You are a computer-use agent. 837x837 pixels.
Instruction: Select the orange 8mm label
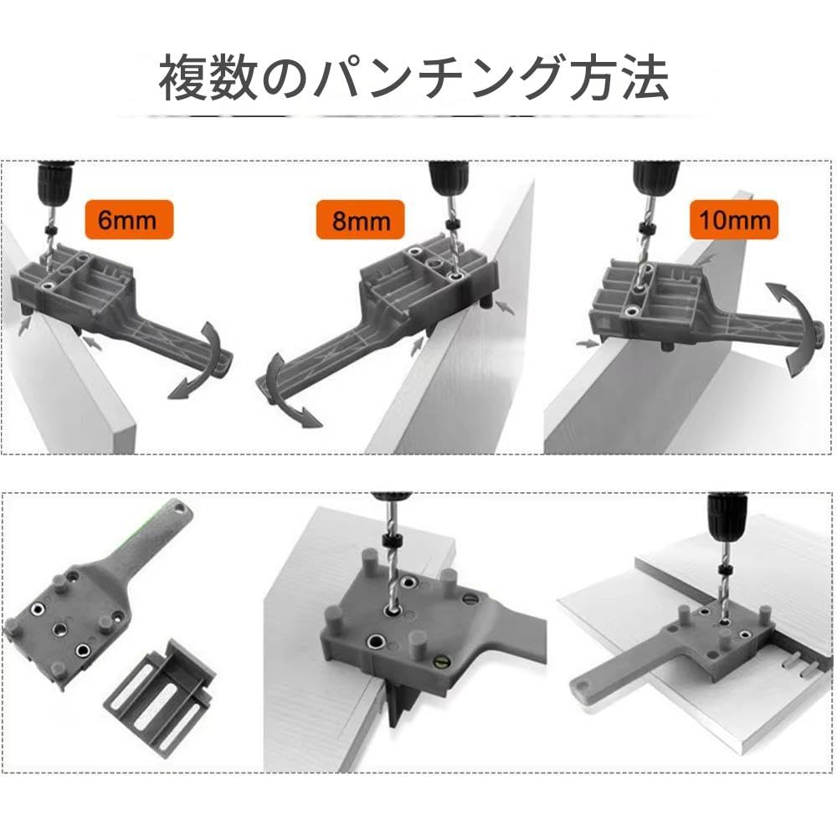(x=360, y=222)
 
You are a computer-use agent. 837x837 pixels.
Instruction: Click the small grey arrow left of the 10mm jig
(x=583, y=343)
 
